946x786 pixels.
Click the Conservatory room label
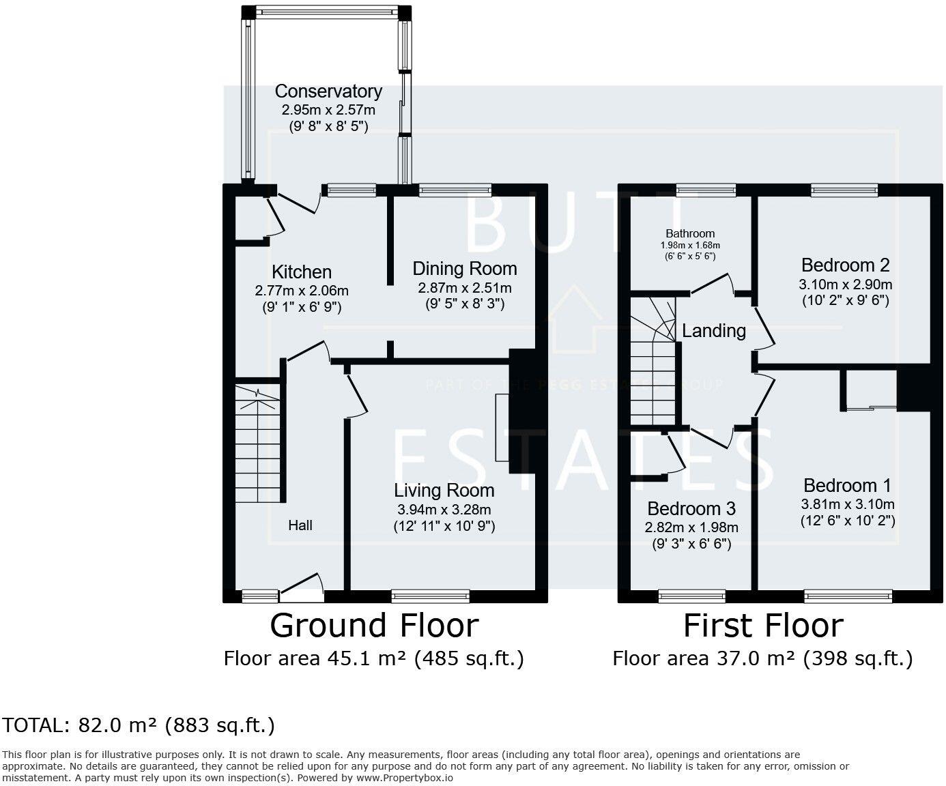tap(328, 91)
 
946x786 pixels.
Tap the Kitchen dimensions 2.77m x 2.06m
tap(302, 291)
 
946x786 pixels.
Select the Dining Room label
tap(464, 268)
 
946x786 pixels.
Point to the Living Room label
tap(444, 491)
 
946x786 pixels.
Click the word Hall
tap(300, 525)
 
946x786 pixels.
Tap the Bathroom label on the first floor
tap(690, 233)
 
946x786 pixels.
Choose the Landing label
tap(714, 331)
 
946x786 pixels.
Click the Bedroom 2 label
tap(845, 265)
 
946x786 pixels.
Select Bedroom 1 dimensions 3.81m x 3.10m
tap(847, 505)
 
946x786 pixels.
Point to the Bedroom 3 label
tap(691, 509)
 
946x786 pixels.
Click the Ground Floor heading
tap(374, 626)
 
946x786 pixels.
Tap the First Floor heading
tap(763, 626)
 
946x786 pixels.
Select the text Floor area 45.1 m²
tap(315, 658)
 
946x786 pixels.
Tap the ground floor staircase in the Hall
tap(258, 443)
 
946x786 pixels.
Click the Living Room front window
tap(431, 596)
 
